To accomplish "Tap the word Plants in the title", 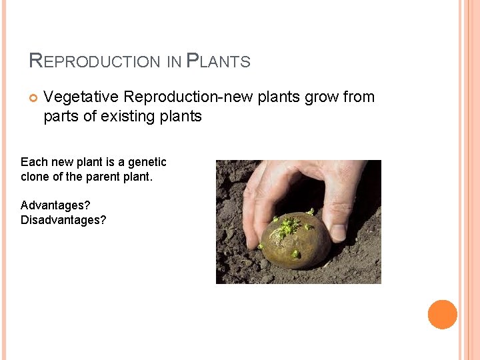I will [218, 62].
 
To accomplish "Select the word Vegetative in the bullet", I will [81, 97].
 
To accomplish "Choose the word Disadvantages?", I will [63, 220].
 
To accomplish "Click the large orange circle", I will [442, 314].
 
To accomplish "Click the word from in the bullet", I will [359, 97].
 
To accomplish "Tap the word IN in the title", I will [174, 63].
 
